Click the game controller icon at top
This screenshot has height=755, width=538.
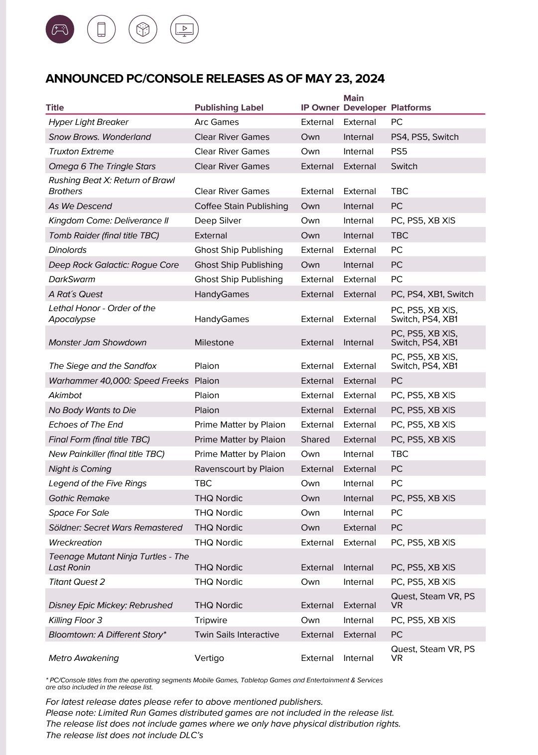tap(60, 29)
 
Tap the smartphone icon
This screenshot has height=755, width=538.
tap(101, 29)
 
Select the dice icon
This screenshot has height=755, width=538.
tap(143, 29)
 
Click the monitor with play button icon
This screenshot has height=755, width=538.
tap(184, 29)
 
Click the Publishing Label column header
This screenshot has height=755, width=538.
tap(229, 108)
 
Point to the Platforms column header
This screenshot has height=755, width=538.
tap(410, 108)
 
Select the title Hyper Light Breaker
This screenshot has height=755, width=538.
tap(88, 122)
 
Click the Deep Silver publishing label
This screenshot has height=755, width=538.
tap(218, 220)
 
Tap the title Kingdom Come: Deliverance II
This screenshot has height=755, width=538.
tap(108, 220)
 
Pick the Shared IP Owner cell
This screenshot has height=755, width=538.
tap(315, 439)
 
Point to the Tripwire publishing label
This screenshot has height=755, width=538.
tap(211, 620)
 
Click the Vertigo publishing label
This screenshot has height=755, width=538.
tap(209, 658)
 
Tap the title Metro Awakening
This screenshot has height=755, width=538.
tap(84, 658)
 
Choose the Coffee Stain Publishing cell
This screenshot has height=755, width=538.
tap(241, 206)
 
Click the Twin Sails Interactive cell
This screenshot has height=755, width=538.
tap(237, 635)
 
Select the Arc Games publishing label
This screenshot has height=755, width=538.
tap(216, 122)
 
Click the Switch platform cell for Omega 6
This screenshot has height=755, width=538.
tap(404, 166)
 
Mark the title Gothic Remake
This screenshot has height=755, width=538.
tap(79, 498)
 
